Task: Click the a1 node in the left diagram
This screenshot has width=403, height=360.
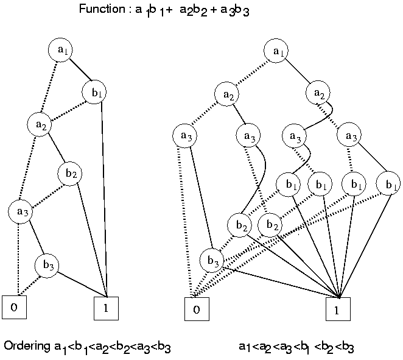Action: tap(61, 51)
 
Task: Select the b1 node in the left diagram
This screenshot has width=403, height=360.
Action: tap(94, 93)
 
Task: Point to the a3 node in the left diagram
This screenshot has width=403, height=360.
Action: tap(20, 211)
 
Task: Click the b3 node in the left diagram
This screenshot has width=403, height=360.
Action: tap(46, 266)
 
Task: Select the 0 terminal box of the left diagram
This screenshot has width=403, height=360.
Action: tap(15, 307)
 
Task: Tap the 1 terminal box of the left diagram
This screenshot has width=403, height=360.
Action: tap(105, 308)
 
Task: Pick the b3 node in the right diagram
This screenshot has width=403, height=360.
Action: tap(211, 261)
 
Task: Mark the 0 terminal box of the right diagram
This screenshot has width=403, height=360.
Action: tap(196, 309)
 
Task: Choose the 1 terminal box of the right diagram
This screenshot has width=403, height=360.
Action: tap(338, 309)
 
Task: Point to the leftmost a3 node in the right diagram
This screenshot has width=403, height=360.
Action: tap(184, 135)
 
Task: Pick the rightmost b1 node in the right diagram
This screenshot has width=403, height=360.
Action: tap(388, 183)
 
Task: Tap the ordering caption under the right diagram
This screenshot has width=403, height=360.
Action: tap(296, 347)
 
